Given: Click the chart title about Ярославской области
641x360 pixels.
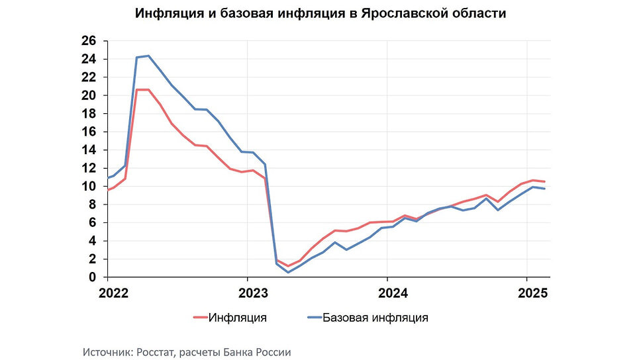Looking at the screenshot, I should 320,14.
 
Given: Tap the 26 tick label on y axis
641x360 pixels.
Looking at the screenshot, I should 89,41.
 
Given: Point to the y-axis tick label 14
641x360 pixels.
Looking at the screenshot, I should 89,150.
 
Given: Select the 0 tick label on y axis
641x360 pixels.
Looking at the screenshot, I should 92,277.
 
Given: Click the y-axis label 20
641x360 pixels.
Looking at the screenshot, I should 89,95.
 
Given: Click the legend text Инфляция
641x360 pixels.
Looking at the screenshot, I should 238,318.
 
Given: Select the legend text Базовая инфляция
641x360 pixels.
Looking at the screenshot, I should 375,318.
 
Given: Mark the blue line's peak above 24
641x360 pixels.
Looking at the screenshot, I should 148,56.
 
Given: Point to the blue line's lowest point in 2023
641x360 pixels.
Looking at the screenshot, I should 288,272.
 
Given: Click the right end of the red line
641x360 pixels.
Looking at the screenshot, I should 544,181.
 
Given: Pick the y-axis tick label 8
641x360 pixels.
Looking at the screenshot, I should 92,204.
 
